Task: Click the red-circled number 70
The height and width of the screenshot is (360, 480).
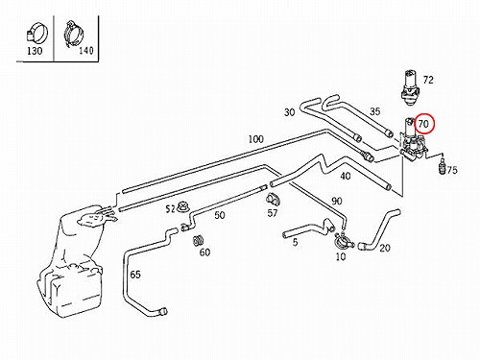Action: tap(423, 124)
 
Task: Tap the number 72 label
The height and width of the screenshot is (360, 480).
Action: tap(428, 80)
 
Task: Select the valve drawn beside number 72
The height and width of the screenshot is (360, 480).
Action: tap(410, 87)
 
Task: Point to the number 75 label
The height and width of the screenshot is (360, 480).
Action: tap(452, 170)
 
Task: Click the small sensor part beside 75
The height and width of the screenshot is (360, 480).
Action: tap(443, 165)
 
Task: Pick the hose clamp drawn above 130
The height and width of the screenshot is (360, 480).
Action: tap(36, 35)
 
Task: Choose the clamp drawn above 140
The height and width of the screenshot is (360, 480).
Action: tap(74, 35)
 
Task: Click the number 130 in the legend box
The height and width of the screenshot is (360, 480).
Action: tap(35, 51)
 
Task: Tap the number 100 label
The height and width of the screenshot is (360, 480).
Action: tap(256, 139)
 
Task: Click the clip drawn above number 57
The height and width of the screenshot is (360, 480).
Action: tap(273, 199)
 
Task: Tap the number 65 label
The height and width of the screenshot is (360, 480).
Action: tap(135, 275)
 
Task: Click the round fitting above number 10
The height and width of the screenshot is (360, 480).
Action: tap(342, 241)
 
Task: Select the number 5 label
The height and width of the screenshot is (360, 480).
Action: tap(295, 242)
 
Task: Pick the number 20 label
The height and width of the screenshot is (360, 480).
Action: tap(385, 248)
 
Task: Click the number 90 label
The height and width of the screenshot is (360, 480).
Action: tap(337, 201)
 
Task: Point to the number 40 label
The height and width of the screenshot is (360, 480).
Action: tap(346, 176)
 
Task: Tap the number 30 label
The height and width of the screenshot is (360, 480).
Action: tap(289, 112)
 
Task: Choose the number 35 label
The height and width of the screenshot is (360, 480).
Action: tap(374, 111)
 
